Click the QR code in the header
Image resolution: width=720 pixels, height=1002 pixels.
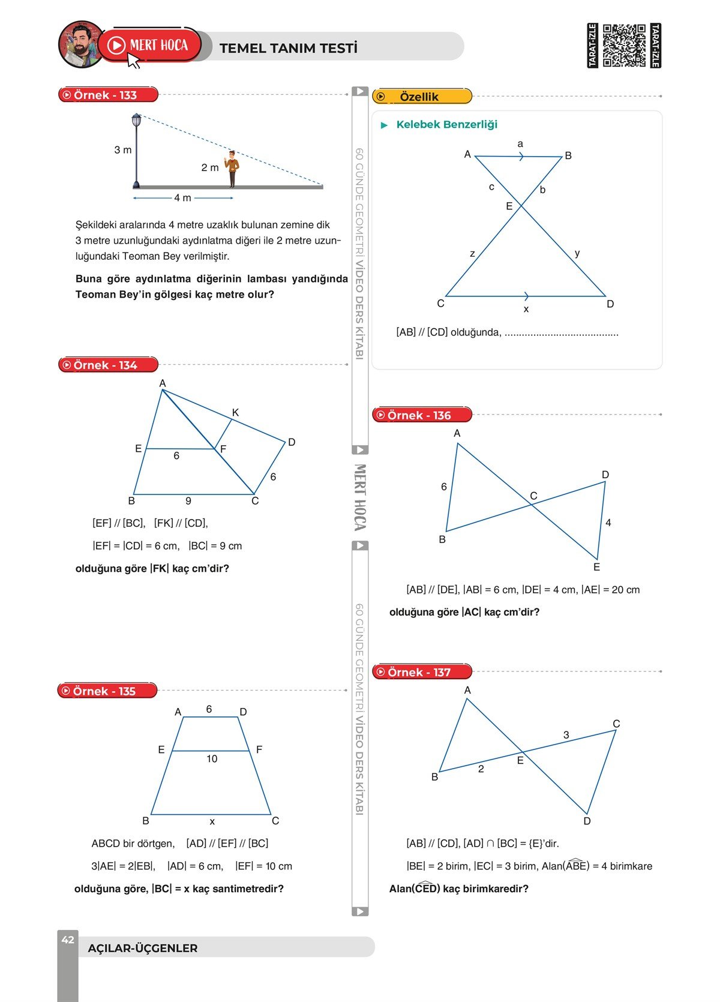(x=624, y=46)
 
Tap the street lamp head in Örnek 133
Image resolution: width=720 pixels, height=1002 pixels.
(x=136, y=119)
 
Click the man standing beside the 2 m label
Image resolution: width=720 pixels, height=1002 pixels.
(x=232, y=169)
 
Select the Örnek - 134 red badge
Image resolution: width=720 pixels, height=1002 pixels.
(x=108, y=365)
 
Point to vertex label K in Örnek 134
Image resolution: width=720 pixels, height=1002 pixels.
(x=235, y=412)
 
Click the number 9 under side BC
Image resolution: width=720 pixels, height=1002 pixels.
(x=188, y=501)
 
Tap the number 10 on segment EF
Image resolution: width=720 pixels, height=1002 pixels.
(x=212, y=758)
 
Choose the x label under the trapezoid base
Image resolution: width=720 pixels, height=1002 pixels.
(x=212, y=821)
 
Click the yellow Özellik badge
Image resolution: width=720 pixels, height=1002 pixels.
(x=422, y=96)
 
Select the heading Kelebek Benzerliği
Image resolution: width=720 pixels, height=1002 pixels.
(x=447, y=124)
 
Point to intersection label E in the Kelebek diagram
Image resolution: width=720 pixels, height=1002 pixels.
(x=509, y=206)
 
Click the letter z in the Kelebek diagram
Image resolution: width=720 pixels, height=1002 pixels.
(x=472, y=254)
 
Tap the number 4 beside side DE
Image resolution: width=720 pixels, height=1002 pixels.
(x=608, y=523)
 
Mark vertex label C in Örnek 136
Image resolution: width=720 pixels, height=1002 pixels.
(x=533, y=496)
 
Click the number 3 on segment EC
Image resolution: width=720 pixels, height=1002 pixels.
(x=566, y=734)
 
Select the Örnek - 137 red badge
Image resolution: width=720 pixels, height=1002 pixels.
(x=422, y=671)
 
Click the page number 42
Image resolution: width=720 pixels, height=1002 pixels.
(x=68, y=940)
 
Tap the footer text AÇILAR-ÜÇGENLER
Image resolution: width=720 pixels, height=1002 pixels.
(x=143, y=948)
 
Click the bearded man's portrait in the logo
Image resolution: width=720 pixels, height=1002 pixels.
(x=81, y=44)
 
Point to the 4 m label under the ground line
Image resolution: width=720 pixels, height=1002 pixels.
(x=182, y=198)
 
